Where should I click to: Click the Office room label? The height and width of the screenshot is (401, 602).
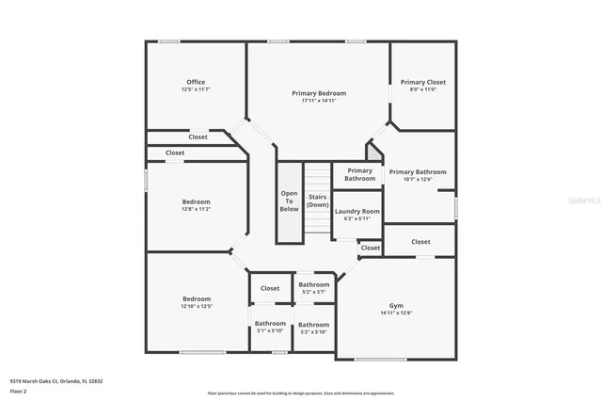pos(196,82)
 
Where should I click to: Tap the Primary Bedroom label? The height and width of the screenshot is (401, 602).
pos(319,93)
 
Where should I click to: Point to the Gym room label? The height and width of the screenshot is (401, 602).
pos(396,306)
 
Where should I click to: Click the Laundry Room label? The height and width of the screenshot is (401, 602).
pos(357,211)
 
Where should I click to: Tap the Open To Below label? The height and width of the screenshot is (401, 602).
pos(289,201)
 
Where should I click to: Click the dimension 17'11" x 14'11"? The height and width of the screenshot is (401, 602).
pos(319,101)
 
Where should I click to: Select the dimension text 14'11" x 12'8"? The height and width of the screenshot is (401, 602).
pos(396,313)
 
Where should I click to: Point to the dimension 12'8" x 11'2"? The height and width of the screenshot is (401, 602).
pos(196,209)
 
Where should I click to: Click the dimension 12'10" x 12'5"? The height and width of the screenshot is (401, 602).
pos(196,306)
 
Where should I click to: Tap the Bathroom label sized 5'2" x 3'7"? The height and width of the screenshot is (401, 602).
pos(314,284)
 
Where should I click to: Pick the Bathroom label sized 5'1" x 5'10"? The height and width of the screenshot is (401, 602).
pos(271,324)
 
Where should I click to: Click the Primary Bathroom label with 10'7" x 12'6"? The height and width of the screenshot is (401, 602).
pos(418,171)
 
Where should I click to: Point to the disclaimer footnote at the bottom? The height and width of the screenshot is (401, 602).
pos(301,393)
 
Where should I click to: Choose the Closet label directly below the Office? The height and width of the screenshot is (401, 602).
pos(198,136)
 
